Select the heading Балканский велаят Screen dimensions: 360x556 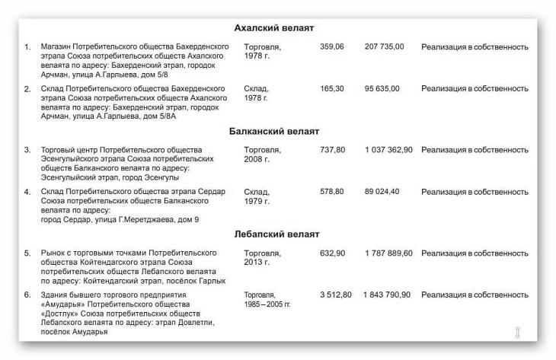tap(274, 131)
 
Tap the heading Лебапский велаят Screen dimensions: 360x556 tap(276, 234)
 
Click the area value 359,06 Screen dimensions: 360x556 tap(332, 46)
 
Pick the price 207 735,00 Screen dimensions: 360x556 tap(385, 46)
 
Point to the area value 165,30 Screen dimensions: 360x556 tap(332, 88)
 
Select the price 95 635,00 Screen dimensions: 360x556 tap(382, 88)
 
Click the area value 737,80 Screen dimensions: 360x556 tap(332, 150)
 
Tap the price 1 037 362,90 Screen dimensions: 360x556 tap(388, 150)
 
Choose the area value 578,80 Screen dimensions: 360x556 tap(332, 191)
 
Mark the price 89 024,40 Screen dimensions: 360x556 tap(382, 191)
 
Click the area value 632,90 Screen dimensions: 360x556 tap(332, 253)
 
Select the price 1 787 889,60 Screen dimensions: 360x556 tap(388, 253)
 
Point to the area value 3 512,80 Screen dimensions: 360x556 tap(336, 295)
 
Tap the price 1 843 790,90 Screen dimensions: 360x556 tap(388, 295)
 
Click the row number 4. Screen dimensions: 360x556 tap(27, 191)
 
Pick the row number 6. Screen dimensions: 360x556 tap(27, 295)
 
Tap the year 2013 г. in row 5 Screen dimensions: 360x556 tap(256, 263)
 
